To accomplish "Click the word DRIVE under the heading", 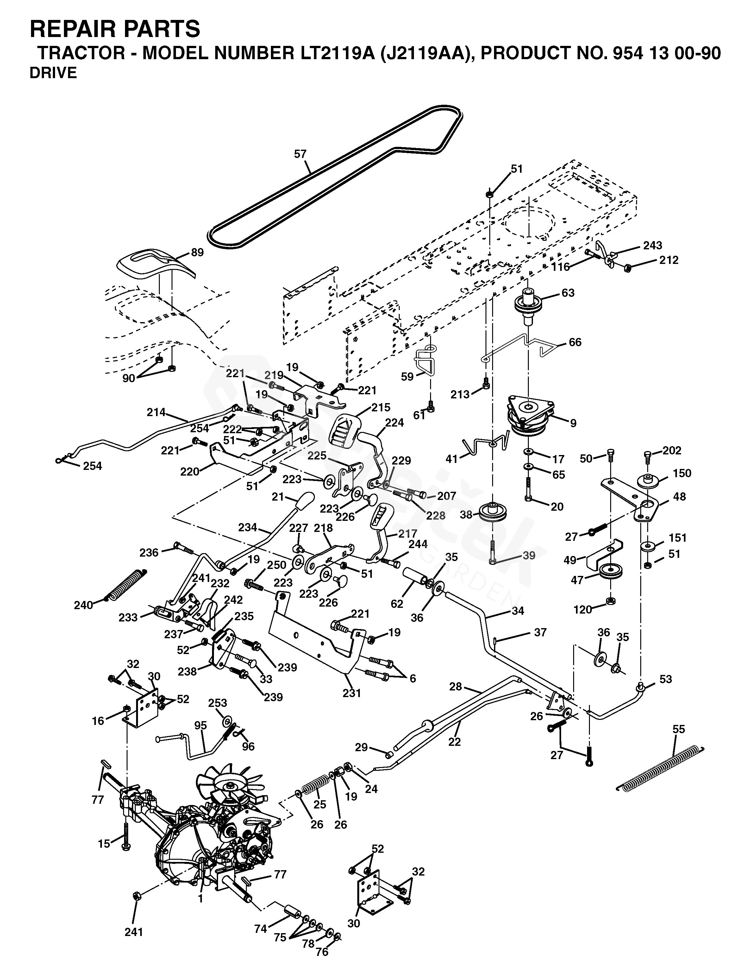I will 53,73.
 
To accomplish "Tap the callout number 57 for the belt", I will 300,154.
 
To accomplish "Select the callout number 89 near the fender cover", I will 197,253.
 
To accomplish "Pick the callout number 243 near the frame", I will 652,245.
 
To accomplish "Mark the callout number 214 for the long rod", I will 156,412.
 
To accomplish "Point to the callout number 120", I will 582,610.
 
